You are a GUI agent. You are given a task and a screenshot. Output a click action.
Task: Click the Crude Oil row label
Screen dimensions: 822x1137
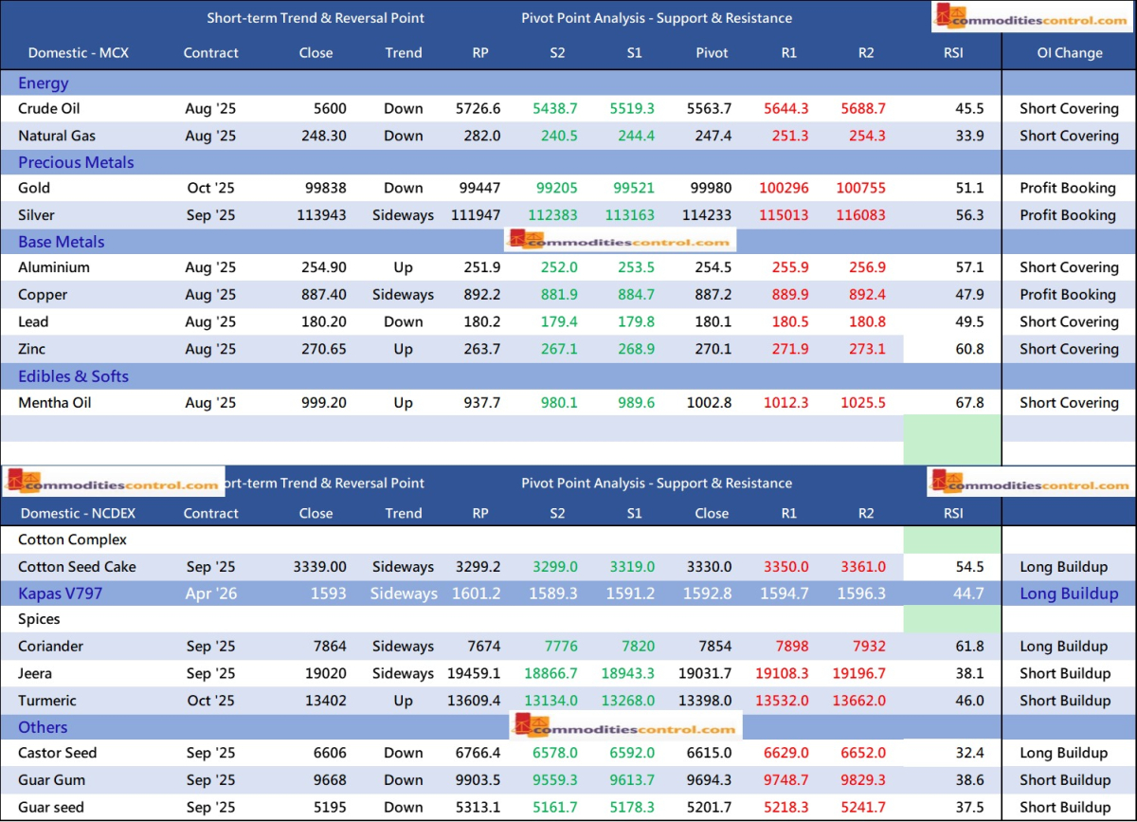[x=48, y=108]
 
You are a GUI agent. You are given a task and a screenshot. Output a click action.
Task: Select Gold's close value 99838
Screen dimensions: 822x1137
[x=316, y=188]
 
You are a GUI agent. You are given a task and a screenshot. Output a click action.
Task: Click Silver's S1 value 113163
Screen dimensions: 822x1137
[x=634, y=215]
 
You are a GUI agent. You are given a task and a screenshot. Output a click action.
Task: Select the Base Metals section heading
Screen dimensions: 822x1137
[x=61, y=242]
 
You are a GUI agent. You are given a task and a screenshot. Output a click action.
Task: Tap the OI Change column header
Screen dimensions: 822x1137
[x=1069, y=53]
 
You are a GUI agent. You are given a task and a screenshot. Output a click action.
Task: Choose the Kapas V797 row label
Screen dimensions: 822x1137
[x=60, y=594]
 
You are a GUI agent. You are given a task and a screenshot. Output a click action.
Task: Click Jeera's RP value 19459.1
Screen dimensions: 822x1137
[x=474, y=673]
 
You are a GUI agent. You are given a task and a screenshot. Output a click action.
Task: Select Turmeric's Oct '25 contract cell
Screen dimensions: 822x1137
[x=210, y=701]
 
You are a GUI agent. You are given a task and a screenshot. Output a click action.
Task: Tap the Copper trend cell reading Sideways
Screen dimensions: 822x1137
[x=403, y=295]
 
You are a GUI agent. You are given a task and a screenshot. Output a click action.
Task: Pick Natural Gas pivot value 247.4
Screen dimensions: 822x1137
[x=713, y=136]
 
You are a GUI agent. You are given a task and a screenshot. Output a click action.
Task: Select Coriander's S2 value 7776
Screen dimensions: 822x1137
[x=557, y=647]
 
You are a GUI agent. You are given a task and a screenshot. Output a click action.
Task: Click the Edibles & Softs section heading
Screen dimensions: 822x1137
[x=73, y=376]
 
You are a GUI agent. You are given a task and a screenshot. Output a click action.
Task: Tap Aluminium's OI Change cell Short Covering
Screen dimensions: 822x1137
[x=1069, y=267]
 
